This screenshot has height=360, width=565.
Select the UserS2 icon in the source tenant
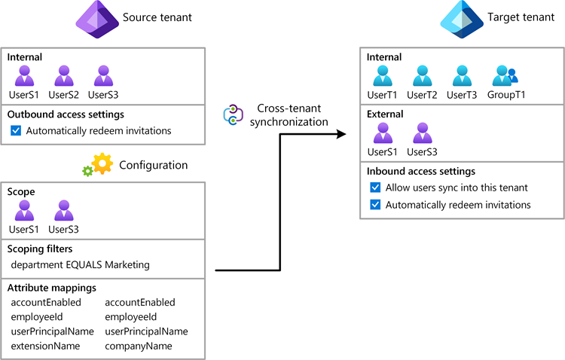pos(64,76)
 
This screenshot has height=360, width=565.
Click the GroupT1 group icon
pos(503,76)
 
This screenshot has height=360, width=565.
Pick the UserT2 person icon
pos(423,76)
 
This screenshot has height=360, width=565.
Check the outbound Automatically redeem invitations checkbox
pos(17,131)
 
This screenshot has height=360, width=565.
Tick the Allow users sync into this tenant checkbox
pos(375,188)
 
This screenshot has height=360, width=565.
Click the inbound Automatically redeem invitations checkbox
pos(375,205)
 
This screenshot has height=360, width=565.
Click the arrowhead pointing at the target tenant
pos(341,134)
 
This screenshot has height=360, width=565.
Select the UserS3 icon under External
pos(423,133)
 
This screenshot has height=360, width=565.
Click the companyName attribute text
pos(139,346)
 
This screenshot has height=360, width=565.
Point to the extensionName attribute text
pos(45,346)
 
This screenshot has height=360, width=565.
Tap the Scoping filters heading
pos(41,249)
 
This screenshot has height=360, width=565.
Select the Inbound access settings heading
pos(420,171)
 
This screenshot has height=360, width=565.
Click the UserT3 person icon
pos(463,76)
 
